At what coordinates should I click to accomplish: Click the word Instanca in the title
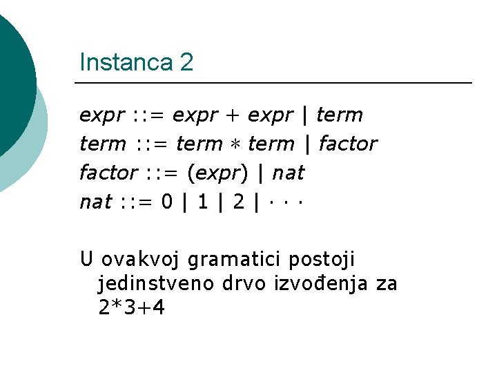[125, 63]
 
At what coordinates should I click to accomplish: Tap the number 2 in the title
[186, 63]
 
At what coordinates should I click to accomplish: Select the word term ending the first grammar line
[339, 115]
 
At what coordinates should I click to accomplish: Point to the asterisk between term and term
[235, 144]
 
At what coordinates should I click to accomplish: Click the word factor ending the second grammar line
[348, 144]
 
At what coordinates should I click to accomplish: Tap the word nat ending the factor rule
[288, 173]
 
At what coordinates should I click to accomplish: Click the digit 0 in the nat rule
[166, 202]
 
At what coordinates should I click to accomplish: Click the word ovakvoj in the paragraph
[142, 260]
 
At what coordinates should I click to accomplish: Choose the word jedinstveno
[157, 283]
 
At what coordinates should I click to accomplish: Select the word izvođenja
[327, 283]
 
